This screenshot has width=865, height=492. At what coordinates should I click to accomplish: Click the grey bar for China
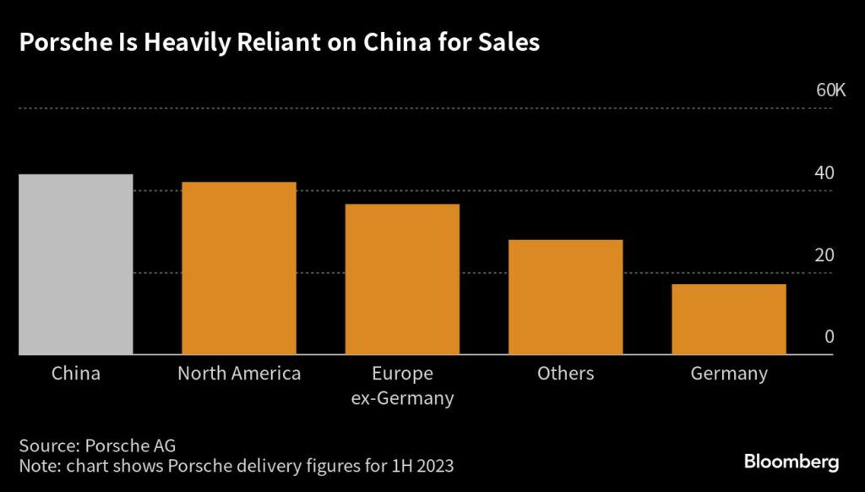76,265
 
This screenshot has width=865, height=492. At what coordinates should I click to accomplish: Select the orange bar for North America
239,268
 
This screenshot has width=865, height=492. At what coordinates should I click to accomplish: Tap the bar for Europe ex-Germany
402,279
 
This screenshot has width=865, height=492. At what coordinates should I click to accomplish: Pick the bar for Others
565,297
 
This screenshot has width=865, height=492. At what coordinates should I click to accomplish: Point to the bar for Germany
728,319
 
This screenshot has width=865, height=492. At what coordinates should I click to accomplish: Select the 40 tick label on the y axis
824,173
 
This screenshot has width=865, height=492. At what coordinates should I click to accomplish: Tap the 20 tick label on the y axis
824,255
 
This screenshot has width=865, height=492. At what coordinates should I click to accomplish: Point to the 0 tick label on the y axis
829,336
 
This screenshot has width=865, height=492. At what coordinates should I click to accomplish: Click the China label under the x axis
76,374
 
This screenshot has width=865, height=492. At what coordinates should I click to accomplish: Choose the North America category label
239,374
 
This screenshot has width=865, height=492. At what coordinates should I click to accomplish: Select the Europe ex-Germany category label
402,386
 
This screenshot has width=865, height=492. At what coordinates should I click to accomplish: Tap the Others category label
565,374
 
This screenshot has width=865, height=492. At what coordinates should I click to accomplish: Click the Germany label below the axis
728,374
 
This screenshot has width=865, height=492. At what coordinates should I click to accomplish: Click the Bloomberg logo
791,462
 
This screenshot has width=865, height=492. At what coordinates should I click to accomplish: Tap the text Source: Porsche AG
97,446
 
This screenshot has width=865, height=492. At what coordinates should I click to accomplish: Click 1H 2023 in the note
427,467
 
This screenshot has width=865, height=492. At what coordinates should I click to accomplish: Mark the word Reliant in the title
256,45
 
